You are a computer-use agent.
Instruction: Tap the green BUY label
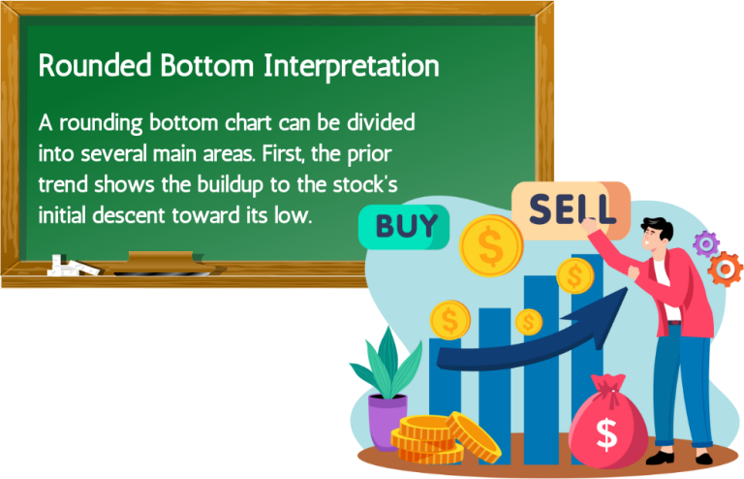(404, 228)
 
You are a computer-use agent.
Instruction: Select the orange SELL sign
(570, 209)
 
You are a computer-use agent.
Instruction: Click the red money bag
(608, 426)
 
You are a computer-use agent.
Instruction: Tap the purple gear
(706, 243)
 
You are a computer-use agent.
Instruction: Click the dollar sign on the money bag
(607, 432)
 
